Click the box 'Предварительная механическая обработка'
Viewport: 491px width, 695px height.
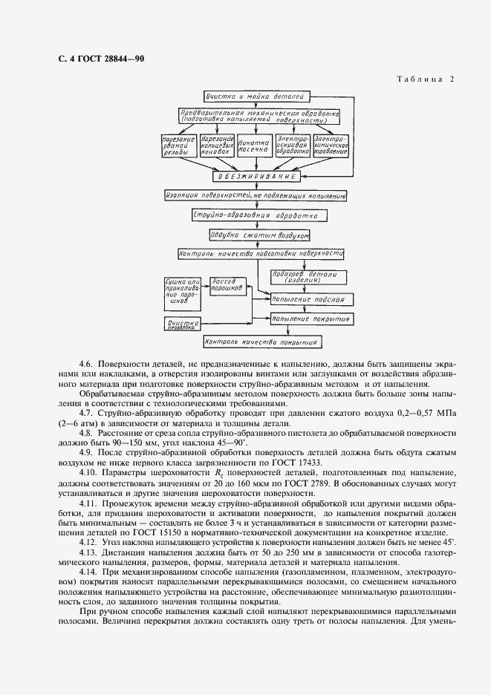pyautogui.click(x=259, y=115)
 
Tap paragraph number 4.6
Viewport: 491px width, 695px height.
pyautogui.click(x=86, y=365)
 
